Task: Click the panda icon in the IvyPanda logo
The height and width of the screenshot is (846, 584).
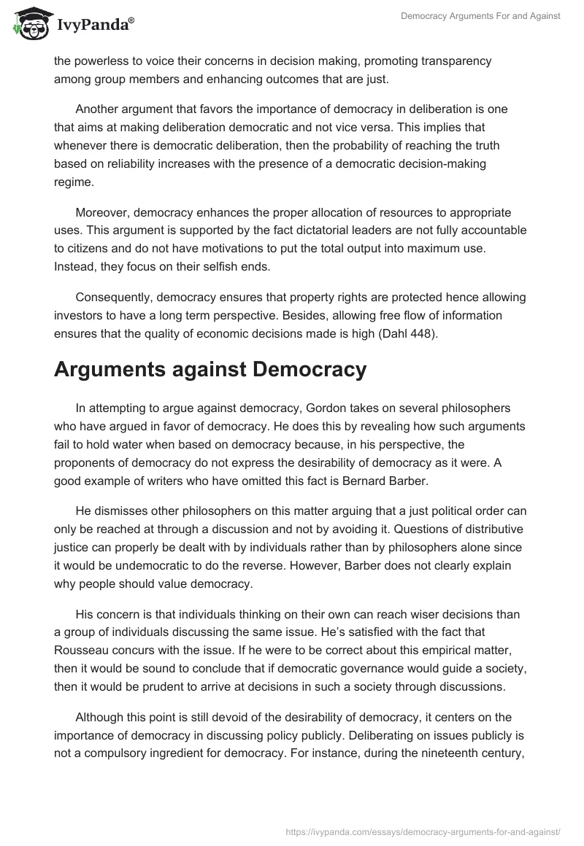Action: click(29, 23)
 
